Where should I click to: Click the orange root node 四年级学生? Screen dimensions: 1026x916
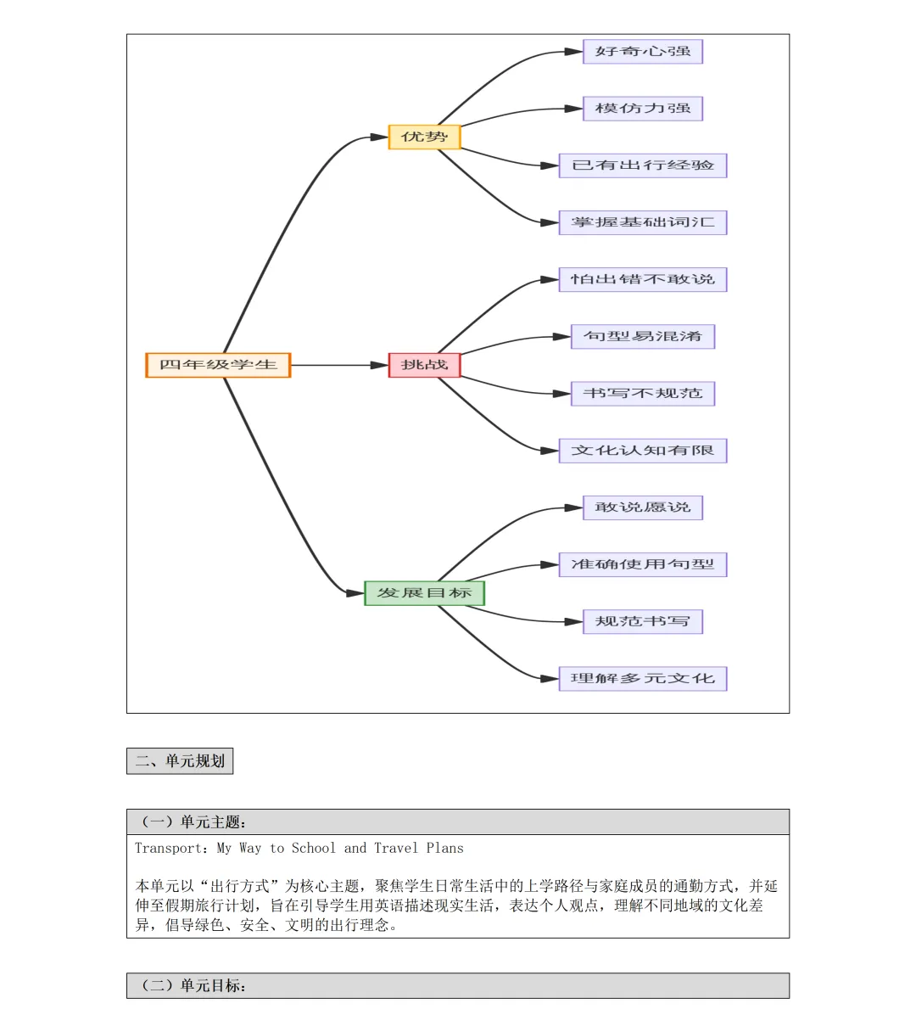pyautogui.click(x=218, y=365)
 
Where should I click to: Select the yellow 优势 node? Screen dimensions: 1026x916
pyautogui.click(x=424, y=137)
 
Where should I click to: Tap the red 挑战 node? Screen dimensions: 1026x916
pyautogui.click(x=424, y=365)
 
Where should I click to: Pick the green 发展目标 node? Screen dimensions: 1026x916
pyautogui.click(x=424, y=593)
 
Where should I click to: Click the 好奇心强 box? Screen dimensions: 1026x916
pyautogui.click(x=643, y=52)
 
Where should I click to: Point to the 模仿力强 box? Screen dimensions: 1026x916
pyautogui.click(x=643, y=109)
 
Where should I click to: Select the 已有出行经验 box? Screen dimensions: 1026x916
pyautogui.click(x=643, y=165)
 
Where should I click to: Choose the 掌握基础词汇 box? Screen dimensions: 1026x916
pyautogui.click(x=643, y=222)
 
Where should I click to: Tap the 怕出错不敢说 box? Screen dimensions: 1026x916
pyautogui.click(x=643, y=279)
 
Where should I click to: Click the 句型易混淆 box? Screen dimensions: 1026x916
pyautogui.click(x=643, y=337)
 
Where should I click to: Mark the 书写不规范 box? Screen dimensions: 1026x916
pyautogui.click(x=643, y=394)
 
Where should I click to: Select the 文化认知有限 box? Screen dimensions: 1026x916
pyautogui.click(x=643, y=451)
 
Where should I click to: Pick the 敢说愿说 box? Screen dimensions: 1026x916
pyautogui.click(x=643, y=507)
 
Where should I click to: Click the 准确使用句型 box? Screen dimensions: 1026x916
pyautogui.click(x=643, y=564)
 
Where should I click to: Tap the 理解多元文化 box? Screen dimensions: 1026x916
pyautogui.click(x=643, y=679)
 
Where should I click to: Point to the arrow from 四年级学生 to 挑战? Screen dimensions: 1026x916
pyautogui.click(x=339, y=365)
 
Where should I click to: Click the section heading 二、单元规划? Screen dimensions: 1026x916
pyautogui.click(x=180, y=761)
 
